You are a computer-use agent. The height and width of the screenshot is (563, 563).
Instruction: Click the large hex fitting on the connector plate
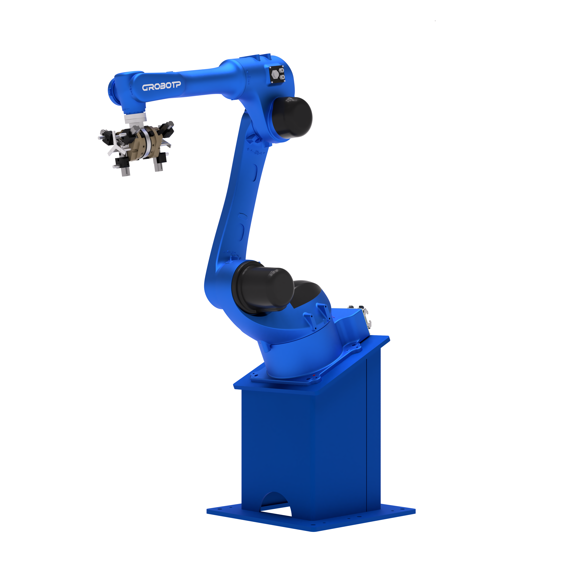tap(274, 75)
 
